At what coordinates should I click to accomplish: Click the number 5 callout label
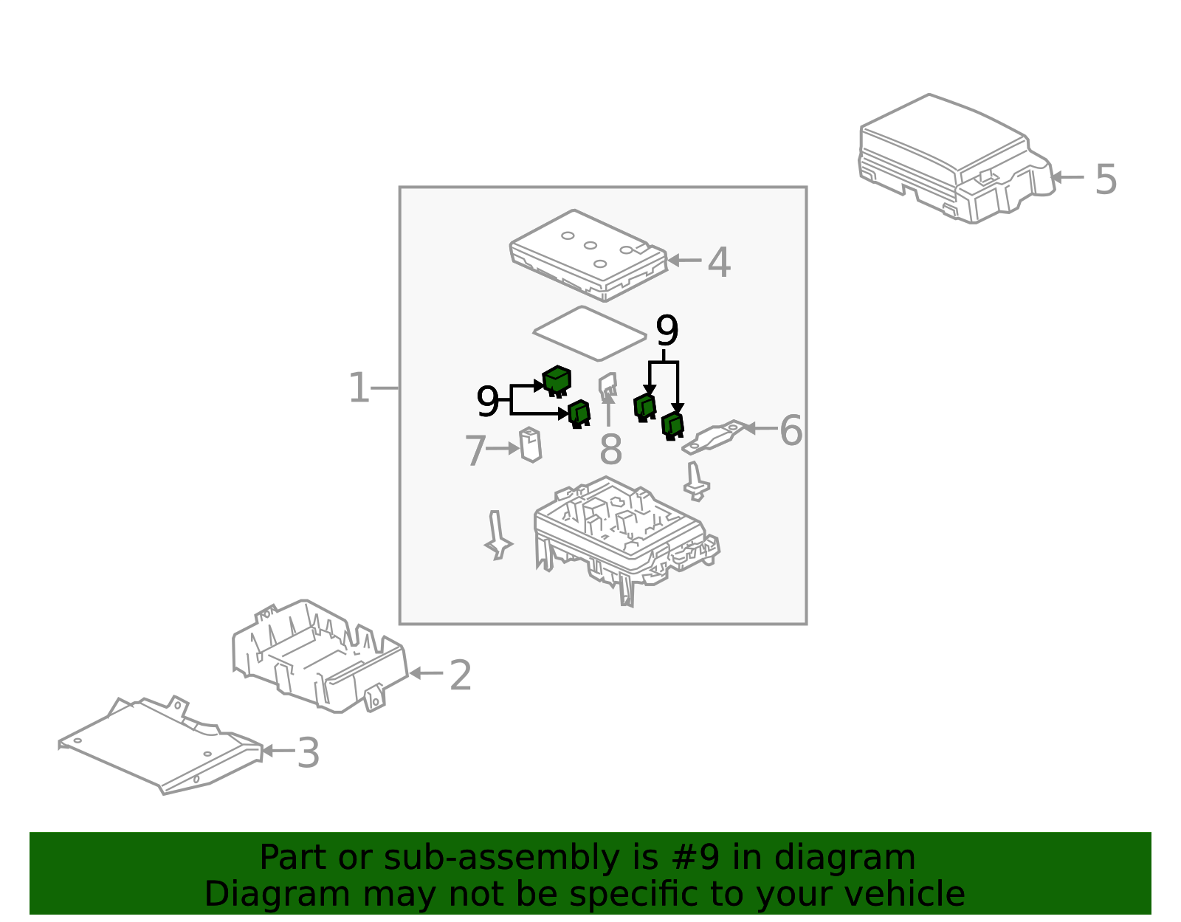point(1106,180)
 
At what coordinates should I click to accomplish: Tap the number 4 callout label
point(718,262)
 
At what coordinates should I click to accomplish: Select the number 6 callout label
point(791,430)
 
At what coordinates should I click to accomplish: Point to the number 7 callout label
point(475,450)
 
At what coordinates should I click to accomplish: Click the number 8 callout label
point(610,450)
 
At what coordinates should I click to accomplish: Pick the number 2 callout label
point(461,675)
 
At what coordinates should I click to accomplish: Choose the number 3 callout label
point(308,753)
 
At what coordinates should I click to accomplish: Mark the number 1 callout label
point(359,388)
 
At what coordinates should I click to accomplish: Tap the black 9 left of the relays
point(487,402)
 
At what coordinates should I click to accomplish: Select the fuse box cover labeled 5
point(957,159)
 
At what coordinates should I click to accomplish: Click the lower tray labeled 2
point(320,656)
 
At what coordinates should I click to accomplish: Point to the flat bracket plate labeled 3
point(160,746)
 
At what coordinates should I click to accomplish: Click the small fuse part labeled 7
point(531,445)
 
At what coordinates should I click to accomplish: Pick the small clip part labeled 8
point(608,386)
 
